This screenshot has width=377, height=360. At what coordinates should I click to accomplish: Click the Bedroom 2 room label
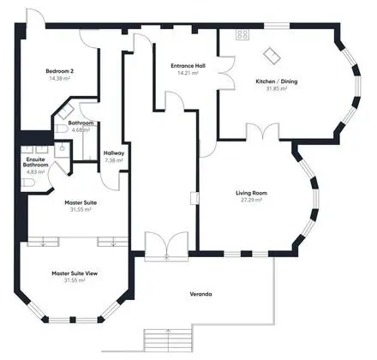[60, 71]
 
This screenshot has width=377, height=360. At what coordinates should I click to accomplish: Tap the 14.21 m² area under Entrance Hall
[188, 73]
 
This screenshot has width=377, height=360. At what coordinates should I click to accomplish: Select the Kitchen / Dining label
[277, 81]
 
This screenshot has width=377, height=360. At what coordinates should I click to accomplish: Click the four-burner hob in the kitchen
[242, 34]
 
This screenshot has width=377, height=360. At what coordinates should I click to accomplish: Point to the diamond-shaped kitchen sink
[272, 56]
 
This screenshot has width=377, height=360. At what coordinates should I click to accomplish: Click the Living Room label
[251, 193]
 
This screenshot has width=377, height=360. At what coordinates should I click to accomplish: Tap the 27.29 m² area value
[251, 200]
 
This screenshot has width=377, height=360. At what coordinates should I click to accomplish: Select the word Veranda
[200, 294]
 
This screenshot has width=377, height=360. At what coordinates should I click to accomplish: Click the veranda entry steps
[168, 339]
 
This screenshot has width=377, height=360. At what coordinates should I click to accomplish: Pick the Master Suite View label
[75, 273]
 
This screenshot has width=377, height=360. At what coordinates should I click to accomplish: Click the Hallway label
[114, 153]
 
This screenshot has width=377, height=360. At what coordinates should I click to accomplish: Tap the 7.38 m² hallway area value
[114, 160]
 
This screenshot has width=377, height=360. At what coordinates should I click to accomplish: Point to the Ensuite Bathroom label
[35, 162]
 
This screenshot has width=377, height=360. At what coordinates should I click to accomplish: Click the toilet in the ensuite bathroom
[27, 183]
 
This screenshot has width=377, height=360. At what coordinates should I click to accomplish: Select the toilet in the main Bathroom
[61, 129]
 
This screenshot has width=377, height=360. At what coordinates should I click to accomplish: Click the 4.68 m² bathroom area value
[81, 130]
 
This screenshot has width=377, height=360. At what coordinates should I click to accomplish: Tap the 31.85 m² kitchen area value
[277, 88]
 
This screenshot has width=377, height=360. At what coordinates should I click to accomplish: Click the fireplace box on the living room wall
[194, 198]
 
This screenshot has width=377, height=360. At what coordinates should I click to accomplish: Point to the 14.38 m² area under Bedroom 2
[60, 78]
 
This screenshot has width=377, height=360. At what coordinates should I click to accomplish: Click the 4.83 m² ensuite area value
[35, 172]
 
